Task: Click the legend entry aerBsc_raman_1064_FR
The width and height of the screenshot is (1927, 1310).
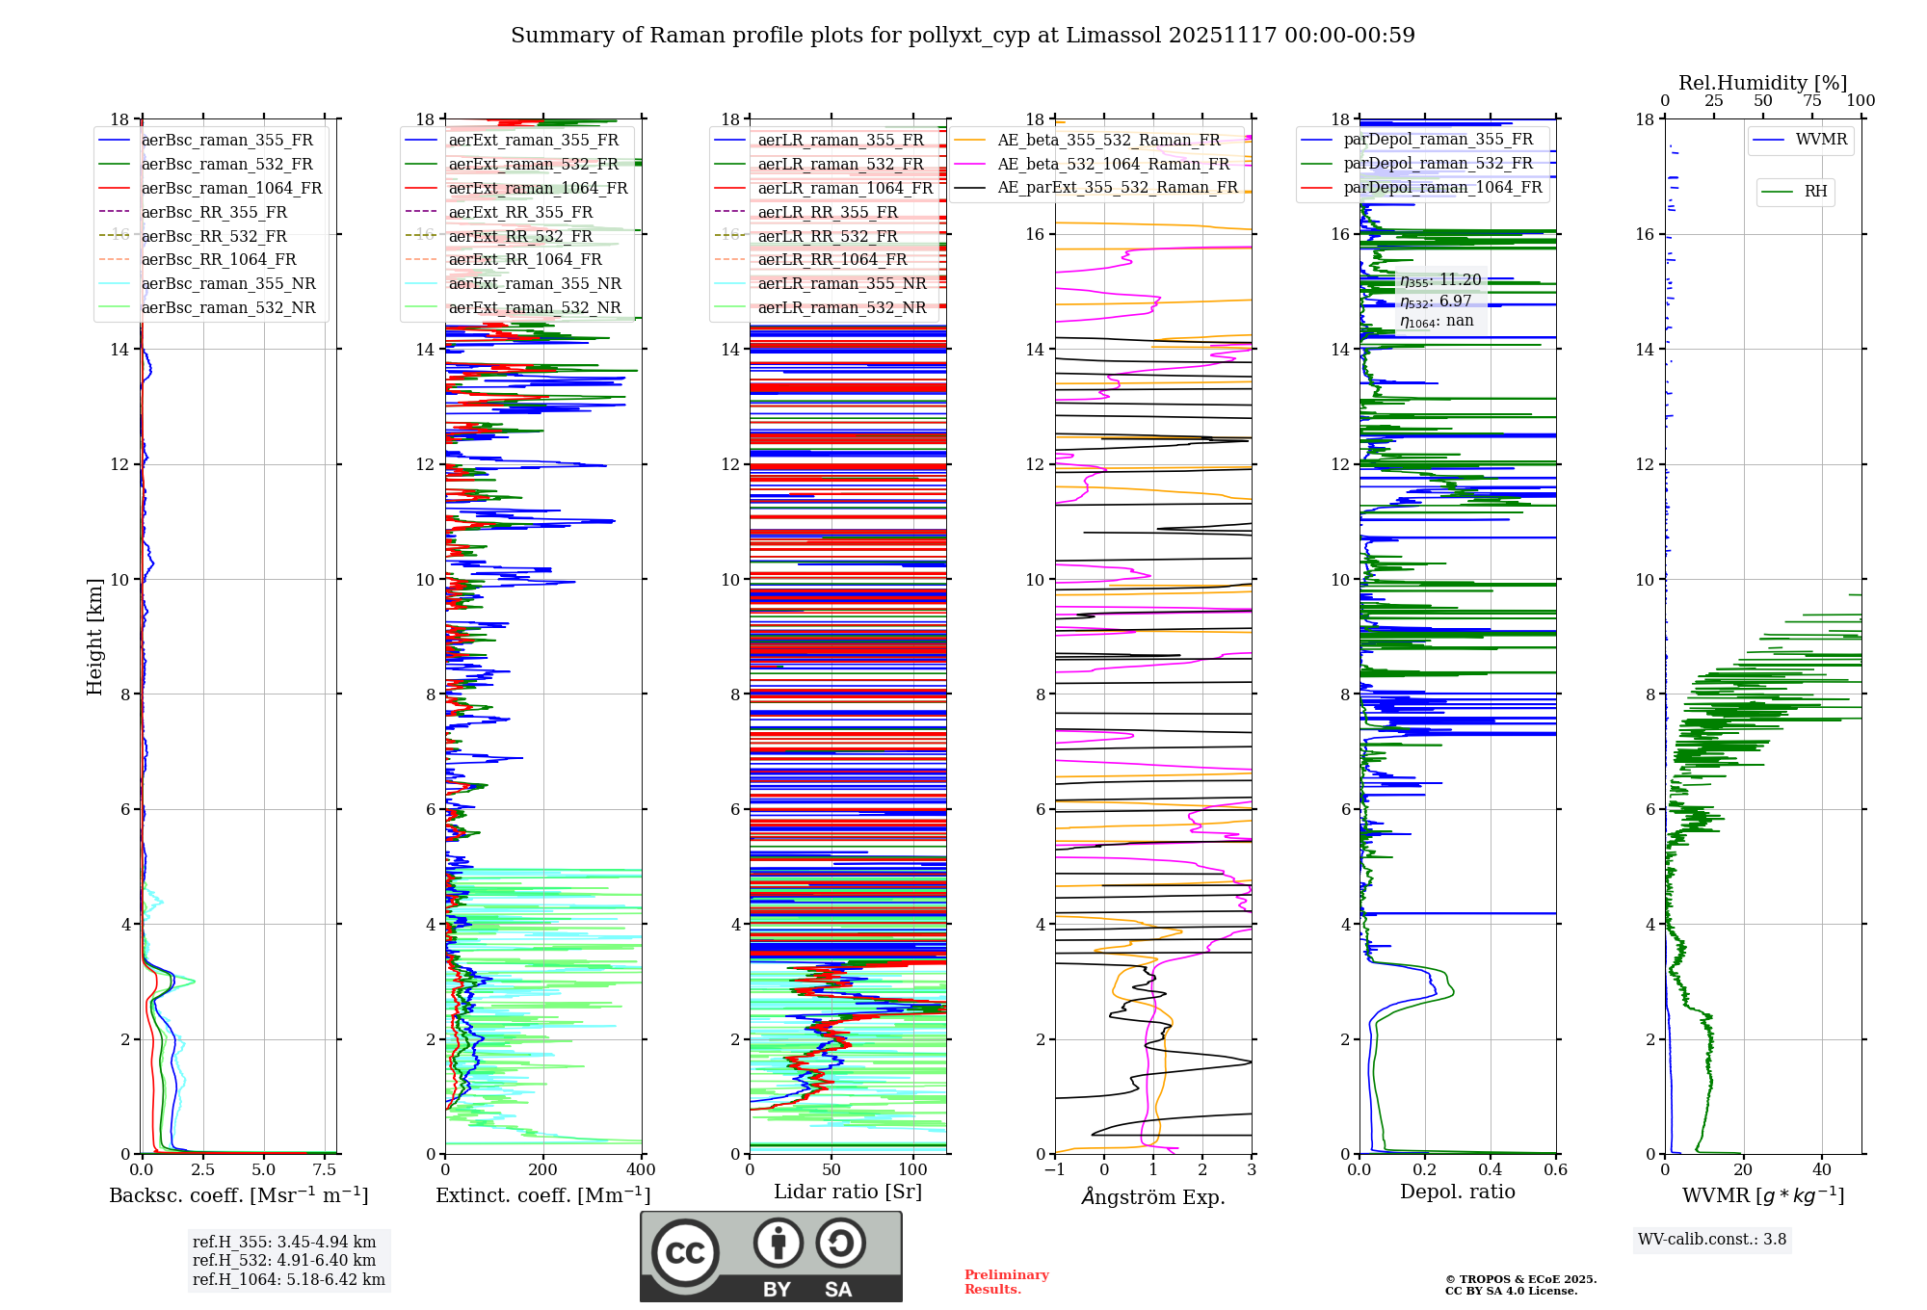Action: (231, 188)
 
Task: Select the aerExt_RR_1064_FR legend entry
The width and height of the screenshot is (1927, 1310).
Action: (525, 259)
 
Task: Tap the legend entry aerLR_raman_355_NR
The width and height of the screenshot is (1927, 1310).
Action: (841, 283)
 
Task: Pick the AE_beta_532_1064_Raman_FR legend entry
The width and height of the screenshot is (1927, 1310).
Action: (1113, 164)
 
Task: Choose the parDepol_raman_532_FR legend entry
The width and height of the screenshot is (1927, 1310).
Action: (1438, 163)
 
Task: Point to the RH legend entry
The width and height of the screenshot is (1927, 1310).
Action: (1815, 192)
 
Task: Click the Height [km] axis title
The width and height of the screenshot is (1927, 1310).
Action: (94, 636)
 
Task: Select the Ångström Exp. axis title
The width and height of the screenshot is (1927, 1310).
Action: (1153, 1196)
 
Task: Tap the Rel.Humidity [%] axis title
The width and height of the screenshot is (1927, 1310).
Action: (1762, 83)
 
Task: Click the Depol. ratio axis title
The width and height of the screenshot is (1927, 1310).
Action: (1457, 1192)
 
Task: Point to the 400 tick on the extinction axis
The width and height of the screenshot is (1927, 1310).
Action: (641, 1169)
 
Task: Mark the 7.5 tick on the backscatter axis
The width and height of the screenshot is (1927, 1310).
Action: (325, 1169)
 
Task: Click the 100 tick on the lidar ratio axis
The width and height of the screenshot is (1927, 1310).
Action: (912, 1169)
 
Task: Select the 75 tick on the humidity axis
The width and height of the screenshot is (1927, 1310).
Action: (1812, 100)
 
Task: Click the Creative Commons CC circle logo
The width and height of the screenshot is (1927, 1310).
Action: (685, 1252)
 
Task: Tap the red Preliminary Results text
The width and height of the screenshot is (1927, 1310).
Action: (1006, 1282)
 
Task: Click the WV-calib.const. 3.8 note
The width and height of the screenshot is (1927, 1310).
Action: (1712, 1240)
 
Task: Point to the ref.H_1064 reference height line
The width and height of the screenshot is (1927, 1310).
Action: (288, 1279)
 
